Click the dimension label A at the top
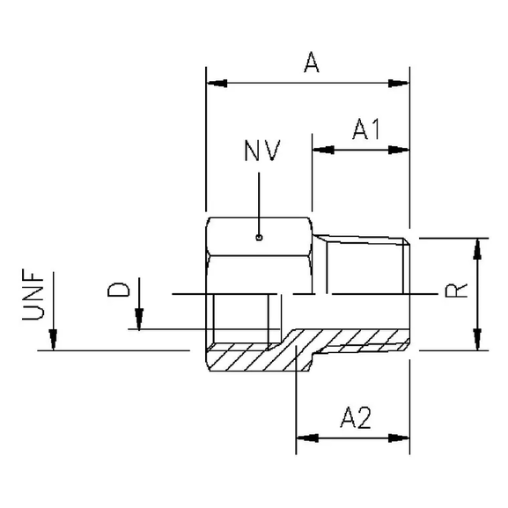[309, 63]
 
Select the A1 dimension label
[364, 130]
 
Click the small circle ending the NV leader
[259, 236]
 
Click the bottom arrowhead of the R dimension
[476, 340]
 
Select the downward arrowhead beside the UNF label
[53, 340]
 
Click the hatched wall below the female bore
[242, 358]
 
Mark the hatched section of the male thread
[352, 340]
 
